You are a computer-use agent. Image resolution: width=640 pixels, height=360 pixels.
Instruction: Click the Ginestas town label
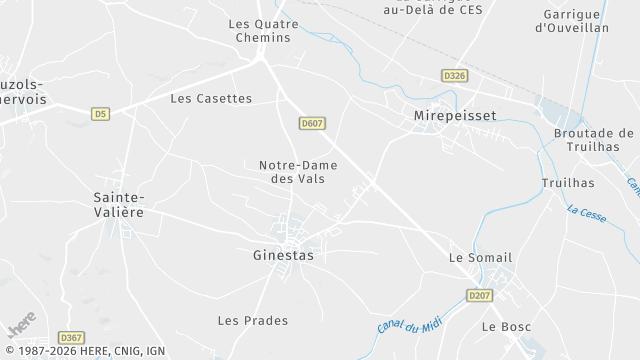pyautogui.click(x=283, y=255)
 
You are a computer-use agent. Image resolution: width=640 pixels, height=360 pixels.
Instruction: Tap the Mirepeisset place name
pyautogui.click(x=455, y=116)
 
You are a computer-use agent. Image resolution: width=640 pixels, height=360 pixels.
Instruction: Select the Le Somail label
pyautogui.click(x=481, y=258)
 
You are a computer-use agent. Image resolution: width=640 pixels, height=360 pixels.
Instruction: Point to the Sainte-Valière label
pyautogui.click(x=119, y=204)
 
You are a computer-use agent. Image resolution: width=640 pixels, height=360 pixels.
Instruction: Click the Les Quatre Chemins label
pyautogui.click(x=264, y=30)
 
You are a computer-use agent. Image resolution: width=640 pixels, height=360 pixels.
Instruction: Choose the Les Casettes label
pyautogui.click(x=211, y=98)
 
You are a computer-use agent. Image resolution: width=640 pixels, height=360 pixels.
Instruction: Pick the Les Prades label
pyautogui.click(x=253, y=320)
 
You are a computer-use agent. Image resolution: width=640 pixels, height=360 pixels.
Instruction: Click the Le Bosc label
pyautogui.click(x=503, y=327)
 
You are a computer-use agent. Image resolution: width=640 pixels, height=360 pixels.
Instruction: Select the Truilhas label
pyautogui.click(x=567, y=183)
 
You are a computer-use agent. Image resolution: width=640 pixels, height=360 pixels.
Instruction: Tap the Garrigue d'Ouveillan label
pyautogui.click(x=573, y=21)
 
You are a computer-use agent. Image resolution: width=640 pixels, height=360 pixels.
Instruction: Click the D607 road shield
pyautogui.click(x=312, y=123)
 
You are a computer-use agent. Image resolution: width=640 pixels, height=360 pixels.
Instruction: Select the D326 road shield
pyautogui.click(x=454, y=76)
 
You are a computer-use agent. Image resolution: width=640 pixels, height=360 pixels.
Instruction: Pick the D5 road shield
pyautogui.click(x=99, y=114)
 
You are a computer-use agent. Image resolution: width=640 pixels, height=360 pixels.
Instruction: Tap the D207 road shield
pyautogui.click(x=480, y=295)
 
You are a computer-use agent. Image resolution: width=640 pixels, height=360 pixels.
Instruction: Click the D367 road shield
pyautogui.click(x=70, y=338)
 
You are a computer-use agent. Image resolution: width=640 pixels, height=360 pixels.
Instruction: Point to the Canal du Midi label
pyautogui.click(x=409, y=314)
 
